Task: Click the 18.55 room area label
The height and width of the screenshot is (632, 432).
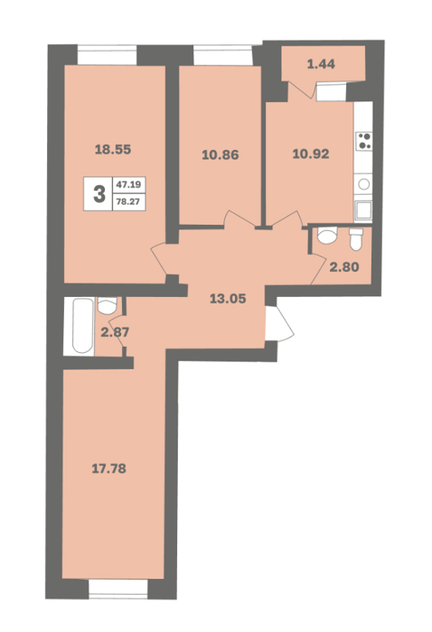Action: point(113,150)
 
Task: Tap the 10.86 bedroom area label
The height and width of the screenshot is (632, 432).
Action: point(221,154)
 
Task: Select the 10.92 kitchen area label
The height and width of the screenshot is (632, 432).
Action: point(311,153)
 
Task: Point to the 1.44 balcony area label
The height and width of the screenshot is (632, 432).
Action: point(321,64)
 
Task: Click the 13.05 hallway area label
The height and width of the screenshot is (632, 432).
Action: point(228,299)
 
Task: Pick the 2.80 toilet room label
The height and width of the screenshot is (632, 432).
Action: point(344,267)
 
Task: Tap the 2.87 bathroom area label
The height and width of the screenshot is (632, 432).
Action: point(115,332)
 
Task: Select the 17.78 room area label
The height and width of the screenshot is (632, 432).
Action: point(109,469)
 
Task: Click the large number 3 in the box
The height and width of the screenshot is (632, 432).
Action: point(99,194)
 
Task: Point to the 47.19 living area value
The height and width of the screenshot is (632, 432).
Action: point(128,184)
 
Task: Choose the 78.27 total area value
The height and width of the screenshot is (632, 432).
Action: point(128,201)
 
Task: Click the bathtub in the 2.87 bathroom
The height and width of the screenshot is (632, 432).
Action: point(82,326)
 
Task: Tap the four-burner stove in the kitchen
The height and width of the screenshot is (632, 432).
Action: point(364,141)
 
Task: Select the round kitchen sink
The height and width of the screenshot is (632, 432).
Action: point(364,184)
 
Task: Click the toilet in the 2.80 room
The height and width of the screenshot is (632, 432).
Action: point(356,239)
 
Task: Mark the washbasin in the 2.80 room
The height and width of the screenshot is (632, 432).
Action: point(327,235)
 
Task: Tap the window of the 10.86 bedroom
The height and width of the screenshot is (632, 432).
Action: point(223,55)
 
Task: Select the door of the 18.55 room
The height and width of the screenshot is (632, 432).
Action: point(158,259)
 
